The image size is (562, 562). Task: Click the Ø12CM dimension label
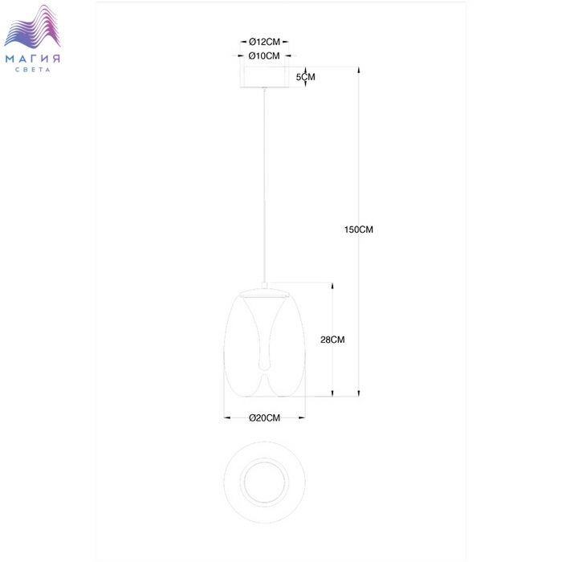point(264,42)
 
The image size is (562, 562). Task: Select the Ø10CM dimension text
point(264,56)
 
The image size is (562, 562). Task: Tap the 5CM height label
point(305,77)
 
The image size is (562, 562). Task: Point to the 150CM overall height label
point(358,230)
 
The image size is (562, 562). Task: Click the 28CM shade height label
point(332,340)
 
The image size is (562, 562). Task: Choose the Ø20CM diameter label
point(264,417)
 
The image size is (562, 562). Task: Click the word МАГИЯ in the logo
point(33,59)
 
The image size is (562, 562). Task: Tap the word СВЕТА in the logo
point(33,70)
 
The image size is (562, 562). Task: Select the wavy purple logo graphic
point(32,26)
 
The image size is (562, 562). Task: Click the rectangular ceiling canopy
point(264,77)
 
